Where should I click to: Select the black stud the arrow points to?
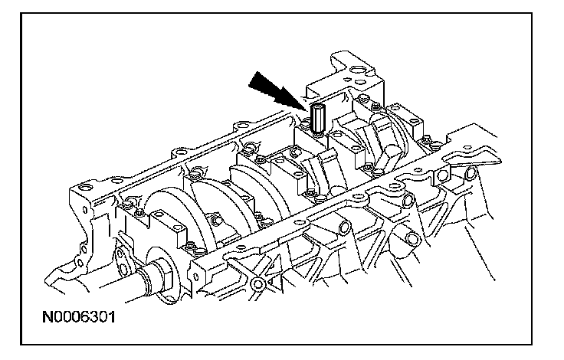pos(318,117)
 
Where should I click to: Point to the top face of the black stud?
pos(319,106)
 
